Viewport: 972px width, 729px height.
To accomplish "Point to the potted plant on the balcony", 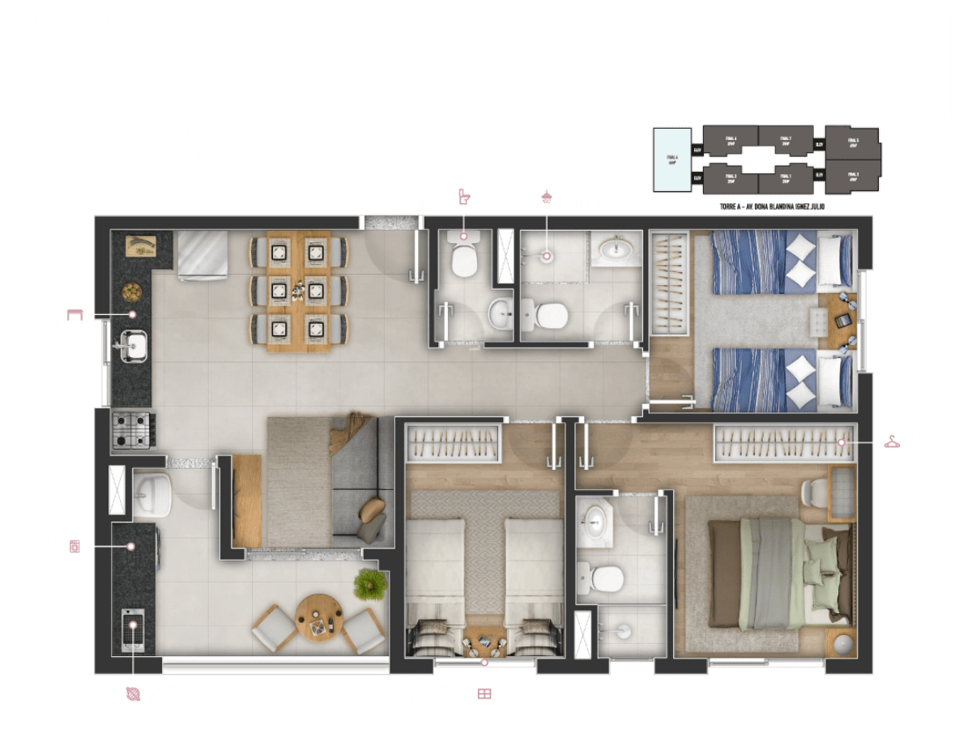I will click(x=371, y=583).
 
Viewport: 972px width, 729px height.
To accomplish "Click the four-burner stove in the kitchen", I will click(x=130, y=430).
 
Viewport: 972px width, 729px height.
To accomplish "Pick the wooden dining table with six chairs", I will click(x=300, y=291).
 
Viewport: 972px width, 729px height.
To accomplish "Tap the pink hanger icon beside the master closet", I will click(x=892, y=441).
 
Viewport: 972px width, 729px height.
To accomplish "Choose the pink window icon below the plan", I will click(x=484, y=694).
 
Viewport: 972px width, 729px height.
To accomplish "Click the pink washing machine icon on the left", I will click(x=76, y=547).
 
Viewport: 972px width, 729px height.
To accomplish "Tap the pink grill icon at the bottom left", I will click(x=132, y=693).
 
